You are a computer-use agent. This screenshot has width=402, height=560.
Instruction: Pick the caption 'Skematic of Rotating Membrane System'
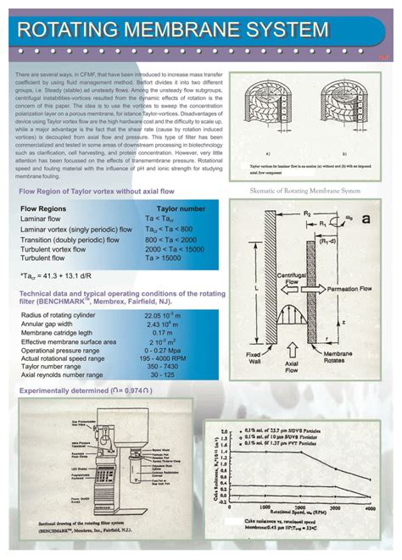pyautogui.click(x=306, y=191)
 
